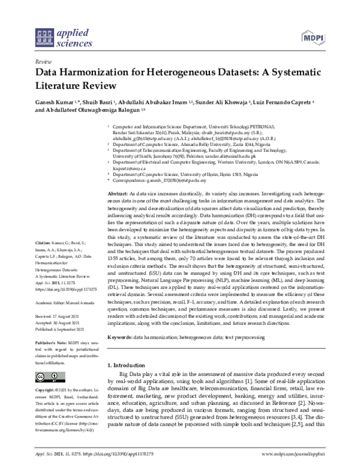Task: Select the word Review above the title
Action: [x=43, y=61]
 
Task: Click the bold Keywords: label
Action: [x=120, y=339]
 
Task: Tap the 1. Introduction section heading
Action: [x=130, y=365]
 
